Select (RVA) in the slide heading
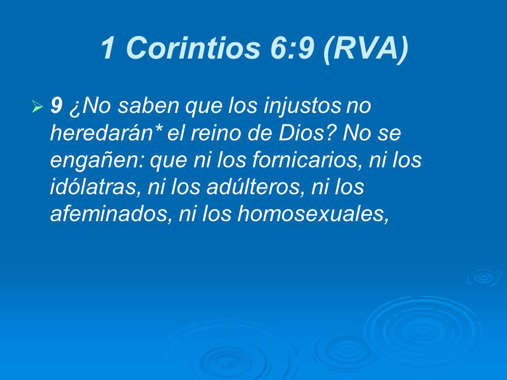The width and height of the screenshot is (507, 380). click(365, 49)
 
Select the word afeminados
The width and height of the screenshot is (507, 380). click(106, 213)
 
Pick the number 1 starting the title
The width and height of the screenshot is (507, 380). click(108, 49)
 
